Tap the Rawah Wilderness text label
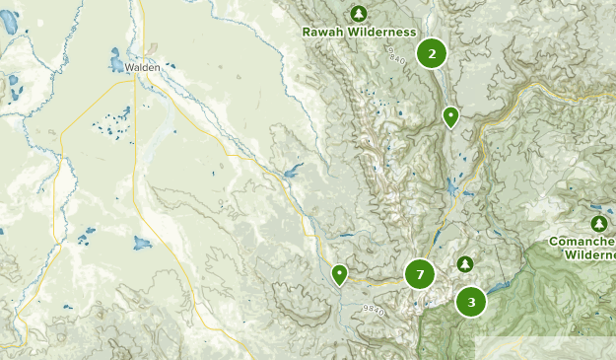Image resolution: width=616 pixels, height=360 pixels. click(358, 32)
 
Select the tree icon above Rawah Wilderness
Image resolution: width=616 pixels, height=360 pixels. click(359, 13)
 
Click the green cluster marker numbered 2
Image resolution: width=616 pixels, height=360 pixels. click(432, 53)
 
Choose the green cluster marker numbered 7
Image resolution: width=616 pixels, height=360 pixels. click(420, 274)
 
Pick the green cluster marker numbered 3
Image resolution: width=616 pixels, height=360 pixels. click(471, 302)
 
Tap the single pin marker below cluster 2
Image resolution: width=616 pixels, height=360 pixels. click(450, 116)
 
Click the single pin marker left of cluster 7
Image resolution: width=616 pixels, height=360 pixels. click(339, 273)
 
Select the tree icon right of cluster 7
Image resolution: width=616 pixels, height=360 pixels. click(464, 263)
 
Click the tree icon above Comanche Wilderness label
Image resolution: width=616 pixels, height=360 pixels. click(597, 224)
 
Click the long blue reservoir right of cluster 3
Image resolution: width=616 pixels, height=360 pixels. click(497, 286)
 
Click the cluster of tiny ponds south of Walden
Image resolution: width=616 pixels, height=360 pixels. click(110, 122)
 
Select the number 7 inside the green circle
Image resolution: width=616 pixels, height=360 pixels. click(420, 274)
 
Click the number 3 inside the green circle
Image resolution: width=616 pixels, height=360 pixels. click(471, 302)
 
